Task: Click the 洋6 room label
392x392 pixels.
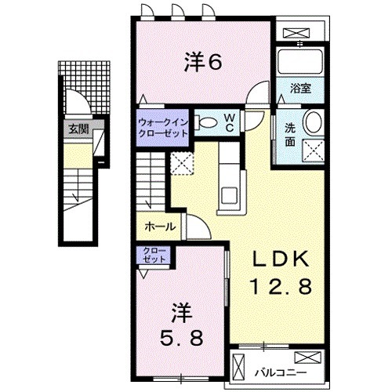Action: [x=201, y=61]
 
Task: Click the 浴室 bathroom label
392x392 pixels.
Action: [x=301, y=88]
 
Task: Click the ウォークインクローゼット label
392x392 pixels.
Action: [x=163, y=127]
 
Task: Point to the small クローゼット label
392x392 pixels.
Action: [x=154, y=255]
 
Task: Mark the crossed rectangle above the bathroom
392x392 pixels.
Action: [x=299, y=33]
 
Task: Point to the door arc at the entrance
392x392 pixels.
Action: [x=75, y=101]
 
